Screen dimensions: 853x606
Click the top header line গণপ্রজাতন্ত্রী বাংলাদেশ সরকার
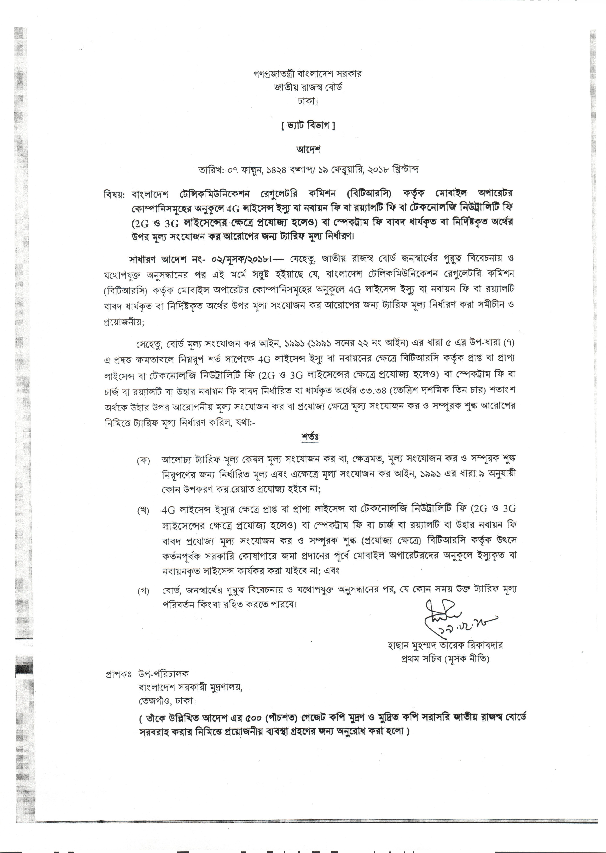[x=307, y=74]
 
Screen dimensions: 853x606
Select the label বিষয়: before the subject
[x=116, y=194]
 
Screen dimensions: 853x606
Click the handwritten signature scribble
[x=444, y=611]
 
